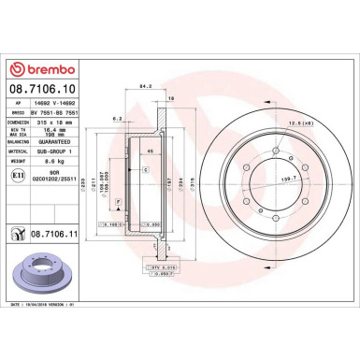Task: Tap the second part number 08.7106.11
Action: [x=51, y=239]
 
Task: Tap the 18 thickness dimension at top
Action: [x=170, y=96]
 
